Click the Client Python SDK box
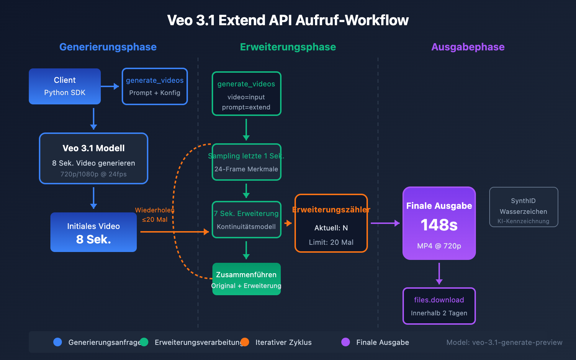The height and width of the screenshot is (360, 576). click(x=65, y=86)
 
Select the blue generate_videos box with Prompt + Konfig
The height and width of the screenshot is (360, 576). click(x=155, y=86)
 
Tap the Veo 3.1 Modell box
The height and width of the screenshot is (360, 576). click(x=94, y=158)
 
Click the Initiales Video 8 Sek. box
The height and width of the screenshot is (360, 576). click(x=94, y=232)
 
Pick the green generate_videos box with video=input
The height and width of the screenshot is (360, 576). click(x=246, y=94)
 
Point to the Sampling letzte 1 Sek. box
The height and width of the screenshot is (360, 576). click(x=246, y=162)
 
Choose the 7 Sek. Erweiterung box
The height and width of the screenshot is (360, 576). click(x=246, y=220)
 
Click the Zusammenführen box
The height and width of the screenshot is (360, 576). click(x=246, y=279)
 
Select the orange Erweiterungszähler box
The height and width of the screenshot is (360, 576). click(x=331, y=223)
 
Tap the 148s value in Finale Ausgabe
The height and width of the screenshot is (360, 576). click(x=439, y=225)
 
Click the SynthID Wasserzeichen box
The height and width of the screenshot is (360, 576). click(x=523, y=207)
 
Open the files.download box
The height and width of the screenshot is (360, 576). click(x=439, y=306)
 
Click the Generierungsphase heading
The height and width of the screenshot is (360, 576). click(x=108, y=47)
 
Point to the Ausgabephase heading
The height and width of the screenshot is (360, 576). click(x=468, y=47)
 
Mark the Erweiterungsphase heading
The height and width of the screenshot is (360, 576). click(x=288, y=47)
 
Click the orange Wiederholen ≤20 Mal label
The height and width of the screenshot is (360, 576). click(x=154, y=215)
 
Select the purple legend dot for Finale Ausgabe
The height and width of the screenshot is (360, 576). click(x=346, y=342)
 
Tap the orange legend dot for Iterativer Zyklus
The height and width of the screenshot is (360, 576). click(x=245, y=342)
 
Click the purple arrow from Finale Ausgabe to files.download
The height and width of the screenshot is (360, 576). click(x=439, y=274)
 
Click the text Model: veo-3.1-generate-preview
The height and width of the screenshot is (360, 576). click(x=504, y=342)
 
